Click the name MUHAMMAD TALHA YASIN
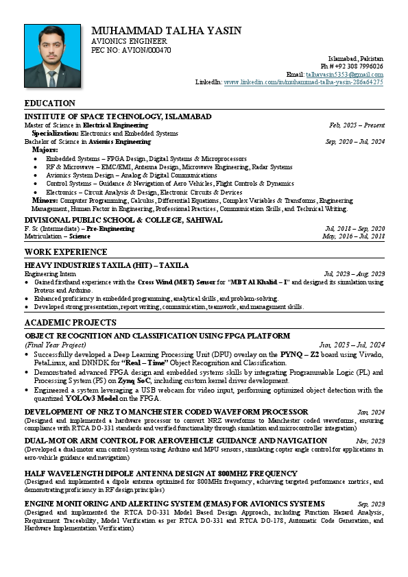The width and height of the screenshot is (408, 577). point(166,31)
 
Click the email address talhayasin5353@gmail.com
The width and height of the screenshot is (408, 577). point(344,74)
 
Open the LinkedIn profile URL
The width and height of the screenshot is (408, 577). point(303,82)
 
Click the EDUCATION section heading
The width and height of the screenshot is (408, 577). point(50,103)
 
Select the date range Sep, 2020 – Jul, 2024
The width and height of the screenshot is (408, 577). point(355,142)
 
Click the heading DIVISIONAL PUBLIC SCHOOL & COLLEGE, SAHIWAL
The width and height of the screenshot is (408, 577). point(123,220)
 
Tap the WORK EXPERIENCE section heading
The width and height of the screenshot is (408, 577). point(66,252)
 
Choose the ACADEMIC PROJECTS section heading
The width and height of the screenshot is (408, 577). point(70,323)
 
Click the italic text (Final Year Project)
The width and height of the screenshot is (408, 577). point(55,345)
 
